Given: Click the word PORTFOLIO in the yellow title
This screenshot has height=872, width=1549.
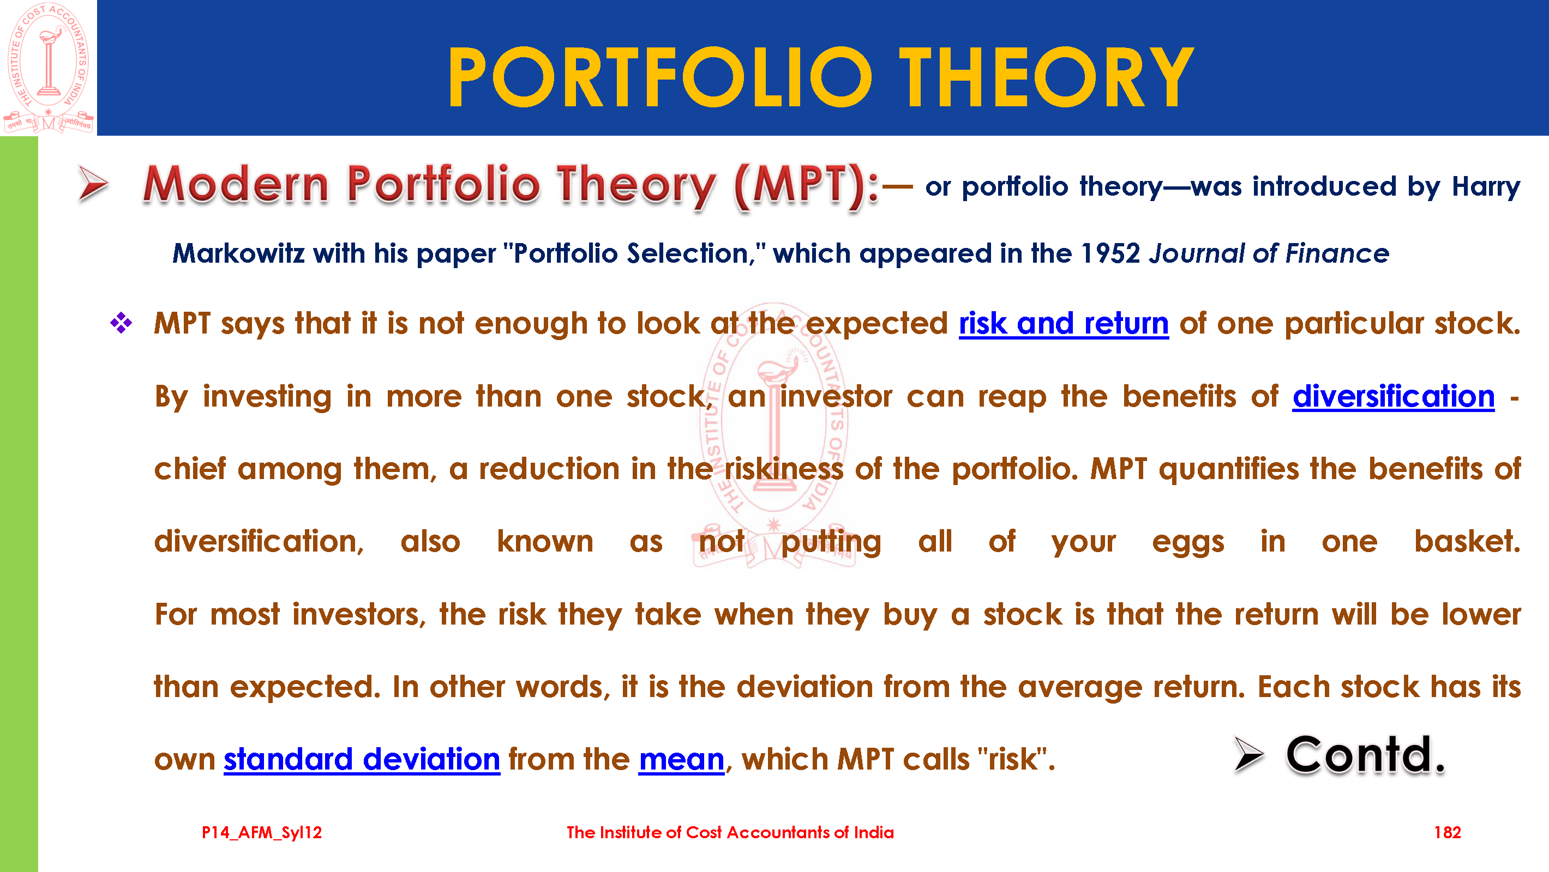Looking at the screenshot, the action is coord(659,77).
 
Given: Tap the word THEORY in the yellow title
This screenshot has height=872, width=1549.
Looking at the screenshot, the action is coord(1046,77).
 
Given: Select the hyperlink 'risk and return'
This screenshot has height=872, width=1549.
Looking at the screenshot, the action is coord(1063,324).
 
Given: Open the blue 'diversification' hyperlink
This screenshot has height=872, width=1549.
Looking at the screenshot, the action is coord(1393,397).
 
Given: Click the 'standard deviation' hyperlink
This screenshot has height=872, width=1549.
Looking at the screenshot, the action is coord(362,759).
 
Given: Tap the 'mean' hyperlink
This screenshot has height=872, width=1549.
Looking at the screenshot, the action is coord(681,760).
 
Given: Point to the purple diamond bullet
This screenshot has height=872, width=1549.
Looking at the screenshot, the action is coord(121,323).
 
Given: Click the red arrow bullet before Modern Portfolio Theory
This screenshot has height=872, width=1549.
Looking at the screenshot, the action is coord(93,183).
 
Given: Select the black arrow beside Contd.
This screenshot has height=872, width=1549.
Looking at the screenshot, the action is coord(1249,754).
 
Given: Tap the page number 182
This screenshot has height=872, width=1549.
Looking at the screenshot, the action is coord(1447,832).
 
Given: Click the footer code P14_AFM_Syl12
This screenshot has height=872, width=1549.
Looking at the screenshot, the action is coord(262,833).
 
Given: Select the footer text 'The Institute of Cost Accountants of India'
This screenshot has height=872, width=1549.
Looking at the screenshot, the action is coord(730,832).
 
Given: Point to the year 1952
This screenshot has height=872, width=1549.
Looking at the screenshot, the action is coord(1110,253).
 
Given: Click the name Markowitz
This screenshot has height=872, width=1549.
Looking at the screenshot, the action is coord(238,253).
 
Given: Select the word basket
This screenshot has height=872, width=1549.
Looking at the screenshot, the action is coord(1467,542).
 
